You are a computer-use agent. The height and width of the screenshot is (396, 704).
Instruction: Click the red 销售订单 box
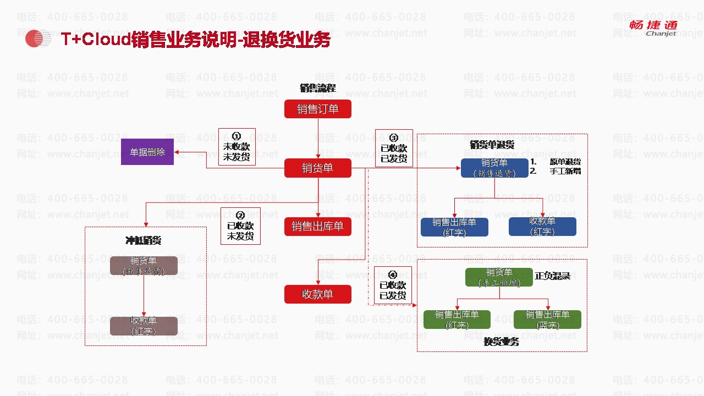(x=317, y=109)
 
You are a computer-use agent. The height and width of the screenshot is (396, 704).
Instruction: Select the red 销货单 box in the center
(x=317, y=168)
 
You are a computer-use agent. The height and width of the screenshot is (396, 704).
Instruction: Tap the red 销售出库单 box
(x=317, y=226)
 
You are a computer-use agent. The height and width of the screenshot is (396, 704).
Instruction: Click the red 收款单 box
(x=317, y=294)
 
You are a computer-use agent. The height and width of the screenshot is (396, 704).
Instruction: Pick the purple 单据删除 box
(x=147, y=151)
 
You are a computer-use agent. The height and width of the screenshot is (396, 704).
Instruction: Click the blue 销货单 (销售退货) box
(x=494, y=168)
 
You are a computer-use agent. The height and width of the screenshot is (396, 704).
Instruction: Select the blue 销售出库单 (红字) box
(x=454, y=227)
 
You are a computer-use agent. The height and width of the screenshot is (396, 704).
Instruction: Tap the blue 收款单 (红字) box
(x=542, y=227)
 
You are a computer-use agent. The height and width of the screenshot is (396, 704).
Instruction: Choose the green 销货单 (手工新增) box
(x=499, y=277)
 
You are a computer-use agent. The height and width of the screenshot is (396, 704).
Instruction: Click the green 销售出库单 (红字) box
(x=457, y=320)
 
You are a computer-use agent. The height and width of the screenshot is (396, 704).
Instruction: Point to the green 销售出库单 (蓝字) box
(x=547, y=320)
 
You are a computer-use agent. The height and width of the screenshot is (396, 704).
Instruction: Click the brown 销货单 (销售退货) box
(x=144, y=266)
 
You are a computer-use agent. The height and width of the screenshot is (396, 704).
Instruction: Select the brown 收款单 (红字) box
(x=144, y=326)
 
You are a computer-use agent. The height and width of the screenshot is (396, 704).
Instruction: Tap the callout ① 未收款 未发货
(x=237, y=147)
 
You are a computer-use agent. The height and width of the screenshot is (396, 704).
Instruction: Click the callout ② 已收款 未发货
(x=240, y=226)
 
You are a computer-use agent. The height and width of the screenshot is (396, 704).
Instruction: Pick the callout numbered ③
(x=394, y=148)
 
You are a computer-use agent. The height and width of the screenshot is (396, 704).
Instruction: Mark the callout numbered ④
(x=393, y=285)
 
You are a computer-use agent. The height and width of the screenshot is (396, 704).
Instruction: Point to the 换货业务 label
(x=501, y=342)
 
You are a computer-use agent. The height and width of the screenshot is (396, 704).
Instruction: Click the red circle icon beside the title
(x=35, y=38)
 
